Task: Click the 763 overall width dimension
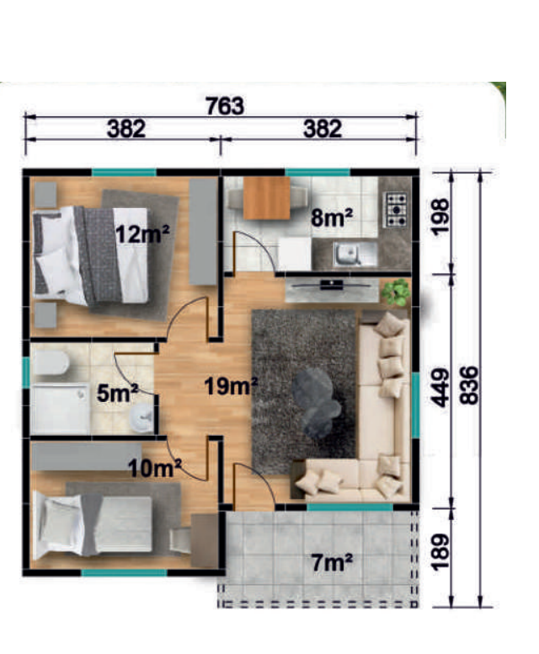point(225,106)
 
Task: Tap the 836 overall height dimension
point(470,385)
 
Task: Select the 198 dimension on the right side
point(440,217)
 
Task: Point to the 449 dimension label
point(440,388)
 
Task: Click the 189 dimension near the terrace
point(440,552)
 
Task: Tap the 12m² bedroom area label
point(142,234)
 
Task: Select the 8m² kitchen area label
point(332,217)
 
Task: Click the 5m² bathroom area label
point(117,393)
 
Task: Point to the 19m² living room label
point(232,386)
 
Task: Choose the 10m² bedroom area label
point(155,469)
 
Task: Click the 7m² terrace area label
point(332,563)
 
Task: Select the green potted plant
point(396,292)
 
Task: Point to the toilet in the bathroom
point(51,362)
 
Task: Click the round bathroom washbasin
point(141,416)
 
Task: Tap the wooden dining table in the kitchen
point(266,198)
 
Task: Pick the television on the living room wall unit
point(332,286)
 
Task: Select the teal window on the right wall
point(415,405)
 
